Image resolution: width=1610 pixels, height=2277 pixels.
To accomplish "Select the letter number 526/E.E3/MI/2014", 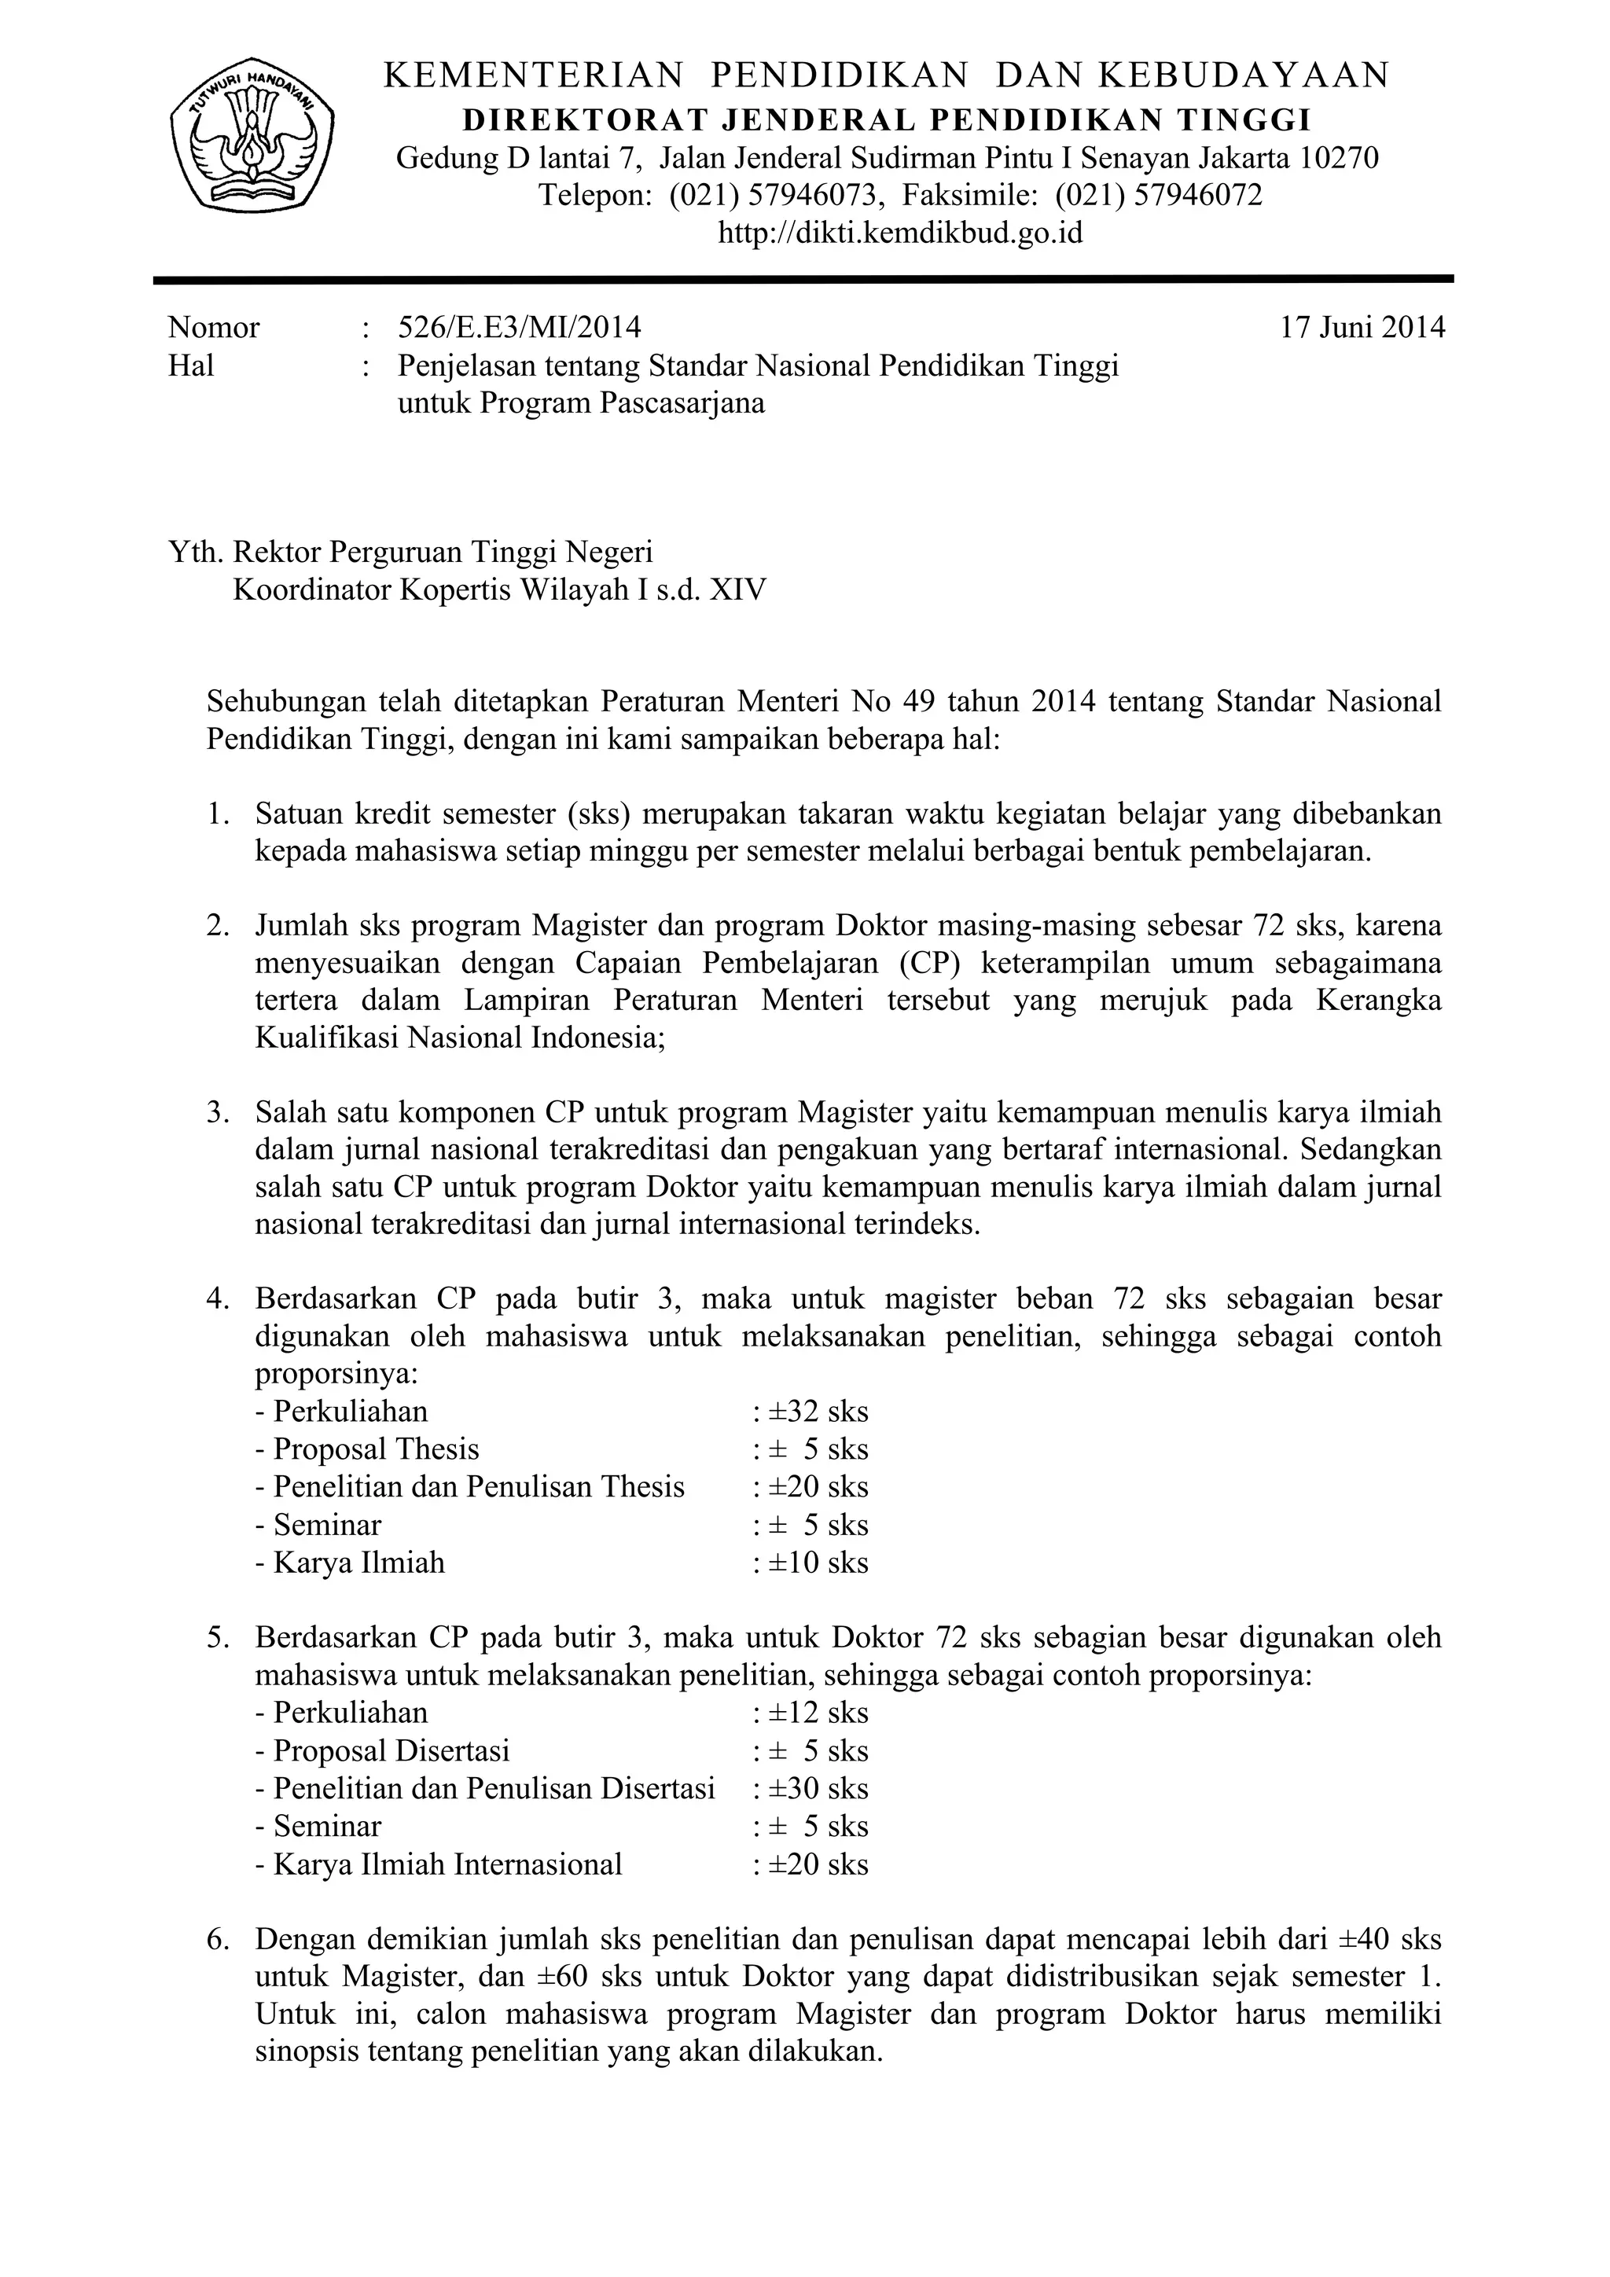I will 519,327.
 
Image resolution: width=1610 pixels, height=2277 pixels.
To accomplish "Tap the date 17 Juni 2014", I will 1362,327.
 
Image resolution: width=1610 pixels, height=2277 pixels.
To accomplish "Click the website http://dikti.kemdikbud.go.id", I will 900,233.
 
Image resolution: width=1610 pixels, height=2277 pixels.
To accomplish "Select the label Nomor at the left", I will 215,327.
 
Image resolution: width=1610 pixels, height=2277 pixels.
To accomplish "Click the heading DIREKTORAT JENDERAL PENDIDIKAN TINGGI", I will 887,120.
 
